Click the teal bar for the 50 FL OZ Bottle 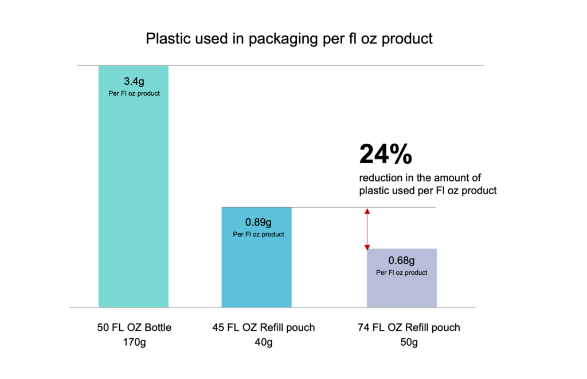point(133,187)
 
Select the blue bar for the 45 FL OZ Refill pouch point(256,257)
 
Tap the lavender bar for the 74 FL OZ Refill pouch point(402,278)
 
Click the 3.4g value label point(134,81)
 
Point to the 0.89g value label point(259,222)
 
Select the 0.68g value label point(401,260)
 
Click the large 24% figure point(386,154)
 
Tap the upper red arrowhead point(367,211)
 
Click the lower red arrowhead point(367,247)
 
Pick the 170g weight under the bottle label point(134,342)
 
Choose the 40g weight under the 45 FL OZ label point(264,342)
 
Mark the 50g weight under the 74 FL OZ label point(409,342)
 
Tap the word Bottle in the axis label point(158,327)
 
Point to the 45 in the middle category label point(218,327)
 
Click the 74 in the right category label point(363,327)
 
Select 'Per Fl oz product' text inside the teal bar point(134,93)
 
